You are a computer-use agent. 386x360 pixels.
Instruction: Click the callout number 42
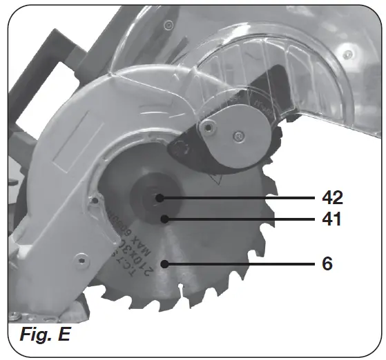pos(332,197)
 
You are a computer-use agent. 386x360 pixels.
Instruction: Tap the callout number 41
pos(332,220)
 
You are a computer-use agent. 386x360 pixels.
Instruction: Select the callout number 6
pos(327,263)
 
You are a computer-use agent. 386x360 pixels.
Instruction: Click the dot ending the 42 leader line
pos(160,198)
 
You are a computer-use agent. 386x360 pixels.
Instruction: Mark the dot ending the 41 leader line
pos(165,219)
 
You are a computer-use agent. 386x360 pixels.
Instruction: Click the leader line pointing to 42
pos(242,198)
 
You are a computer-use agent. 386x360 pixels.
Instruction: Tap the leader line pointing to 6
pos(242,263)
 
